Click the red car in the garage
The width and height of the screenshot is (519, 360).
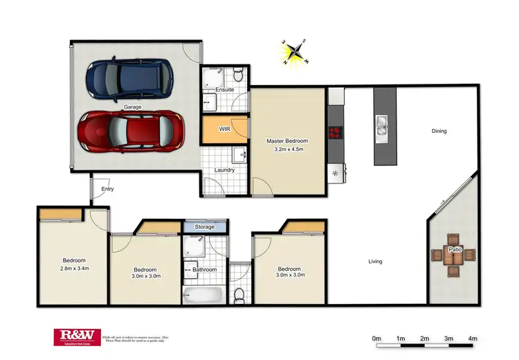(131, 131)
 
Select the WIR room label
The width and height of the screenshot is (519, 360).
(225, 129)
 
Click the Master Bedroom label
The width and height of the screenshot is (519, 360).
(286, 141)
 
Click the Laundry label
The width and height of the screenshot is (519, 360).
(225, 170)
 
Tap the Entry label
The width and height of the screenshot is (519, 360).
(107, 188)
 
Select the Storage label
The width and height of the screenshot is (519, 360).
(205, 226)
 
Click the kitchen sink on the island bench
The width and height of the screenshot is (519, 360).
(382, 125)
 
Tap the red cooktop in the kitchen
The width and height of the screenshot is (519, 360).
(336, 133)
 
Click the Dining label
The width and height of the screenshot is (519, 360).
(439, 131)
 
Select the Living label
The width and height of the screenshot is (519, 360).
(375, 261)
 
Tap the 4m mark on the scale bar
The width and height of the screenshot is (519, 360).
(473, 339)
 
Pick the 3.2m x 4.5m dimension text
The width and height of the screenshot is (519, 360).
(286, 149)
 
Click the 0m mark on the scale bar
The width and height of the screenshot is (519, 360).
(376, 339)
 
